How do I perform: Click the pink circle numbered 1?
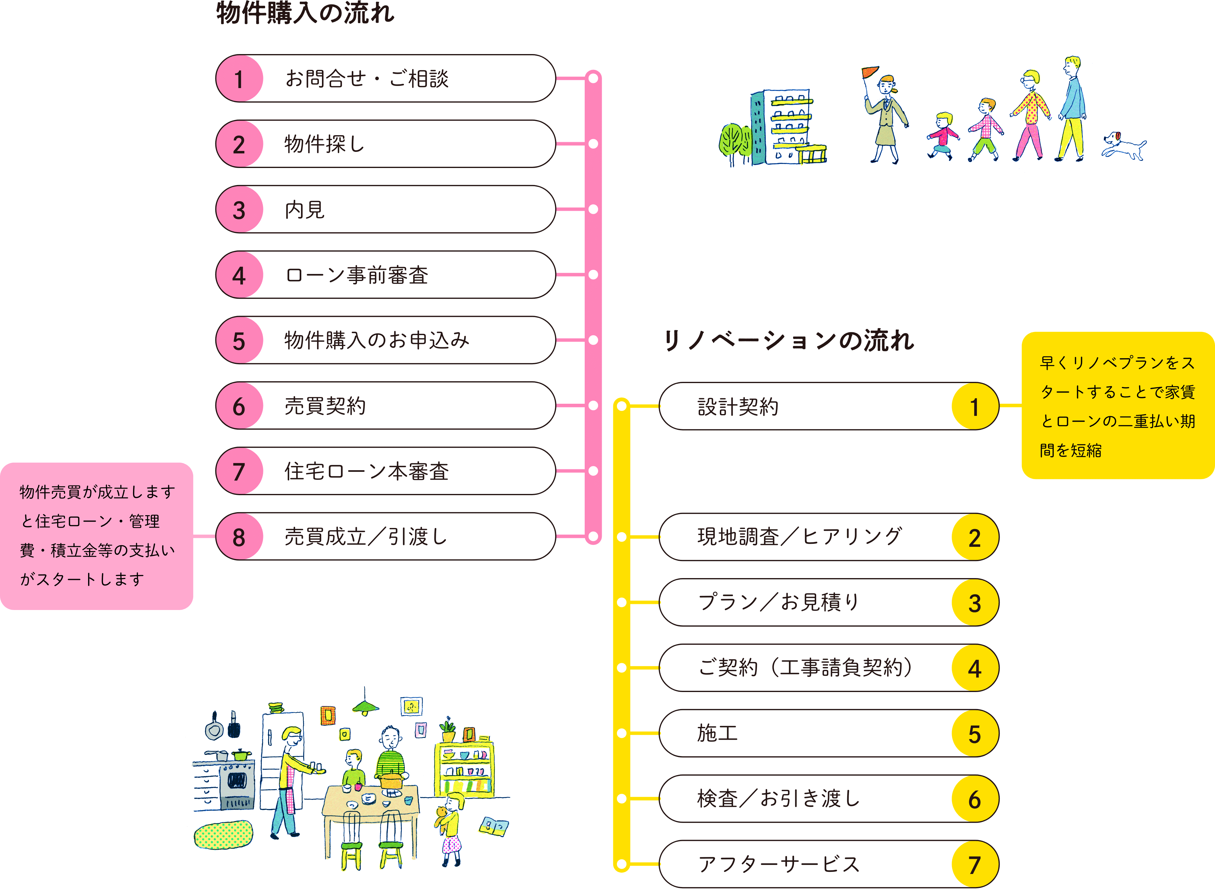(x=239, y=79)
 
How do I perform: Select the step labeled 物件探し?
(x=325, y=144)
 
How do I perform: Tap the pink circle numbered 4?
(x=239, y=275)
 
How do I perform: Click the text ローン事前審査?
(x=357, y=275)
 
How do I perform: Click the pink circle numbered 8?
(x=239, y=537)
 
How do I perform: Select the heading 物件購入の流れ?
(x=305, y=13)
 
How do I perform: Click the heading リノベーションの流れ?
(x=789, y=341)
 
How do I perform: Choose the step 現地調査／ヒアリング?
(x=799, y=537)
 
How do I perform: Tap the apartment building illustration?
(x=782, y=128)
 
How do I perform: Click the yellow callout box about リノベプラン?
(x=1117, y=406)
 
